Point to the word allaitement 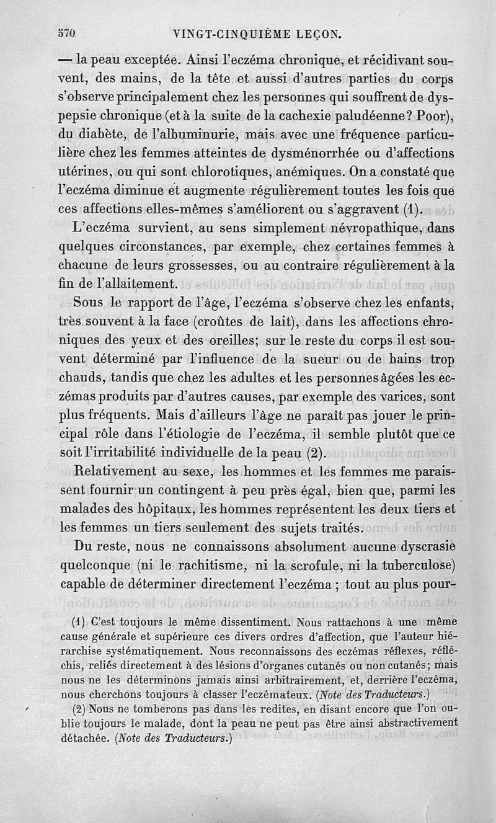[138, 283]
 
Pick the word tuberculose [405, 566]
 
